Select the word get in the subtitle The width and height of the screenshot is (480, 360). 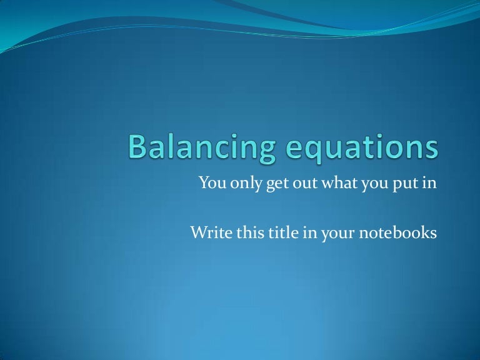pos(270,184)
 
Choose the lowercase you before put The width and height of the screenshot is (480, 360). pos(359,184)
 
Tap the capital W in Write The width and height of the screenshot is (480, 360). pos(197,233)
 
